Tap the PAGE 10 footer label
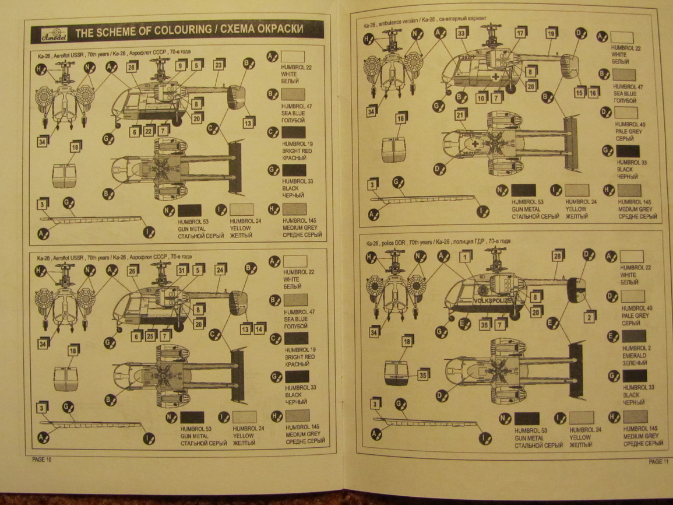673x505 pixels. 42,460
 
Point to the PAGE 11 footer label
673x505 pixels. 656,461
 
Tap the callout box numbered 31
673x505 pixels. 182,270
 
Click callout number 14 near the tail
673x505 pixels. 260,328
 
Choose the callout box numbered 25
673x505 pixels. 151,335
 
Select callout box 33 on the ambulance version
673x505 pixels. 461,34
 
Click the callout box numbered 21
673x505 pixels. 460,115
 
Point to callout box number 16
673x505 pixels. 593,93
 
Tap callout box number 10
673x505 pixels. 481,98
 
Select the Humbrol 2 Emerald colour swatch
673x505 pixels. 634,336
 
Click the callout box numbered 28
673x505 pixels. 558,255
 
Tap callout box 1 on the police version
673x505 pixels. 465,256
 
